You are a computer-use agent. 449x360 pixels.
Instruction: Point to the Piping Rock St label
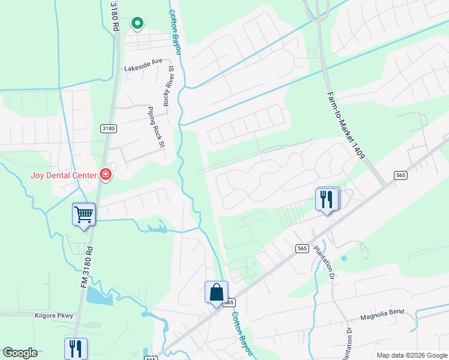155,125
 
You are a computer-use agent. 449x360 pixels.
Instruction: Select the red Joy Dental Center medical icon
106,175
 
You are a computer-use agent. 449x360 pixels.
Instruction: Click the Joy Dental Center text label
64,175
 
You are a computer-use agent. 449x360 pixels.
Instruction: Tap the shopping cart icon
83,213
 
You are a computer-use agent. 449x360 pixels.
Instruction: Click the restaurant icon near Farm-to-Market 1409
327,199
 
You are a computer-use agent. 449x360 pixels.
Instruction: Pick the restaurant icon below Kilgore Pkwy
76,349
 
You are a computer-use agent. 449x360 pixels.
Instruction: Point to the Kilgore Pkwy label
53,315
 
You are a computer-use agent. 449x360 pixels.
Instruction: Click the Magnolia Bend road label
382,316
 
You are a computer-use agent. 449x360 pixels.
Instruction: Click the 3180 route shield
108,128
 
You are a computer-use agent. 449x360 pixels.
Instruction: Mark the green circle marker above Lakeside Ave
137,23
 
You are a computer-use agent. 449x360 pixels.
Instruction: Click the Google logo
20,353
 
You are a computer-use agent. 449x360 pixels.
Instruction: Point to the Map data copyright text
411,355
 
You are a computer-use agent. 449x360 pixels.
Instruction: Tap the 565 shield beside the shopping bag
229,303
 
